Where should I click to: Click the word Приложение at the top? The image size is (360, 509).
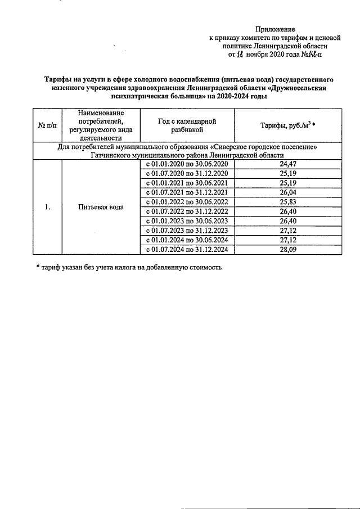tap(274, 29)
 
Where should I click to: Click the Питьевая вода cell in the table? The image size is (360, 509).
tap(101, 206)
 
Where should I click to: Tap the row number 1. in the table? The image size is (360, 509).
tap(48, 206)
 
